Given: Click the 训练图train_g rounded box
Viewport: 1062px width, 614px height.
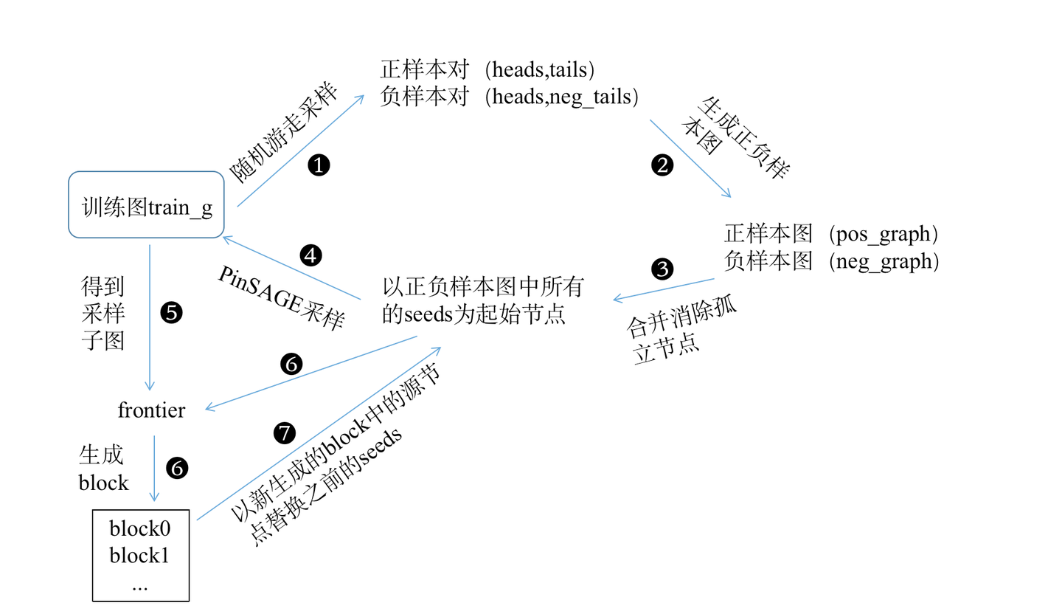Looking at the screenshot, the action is coord(146,205).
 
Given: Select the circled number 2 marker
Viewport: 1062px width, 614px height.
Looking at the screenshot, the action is coord(662,165).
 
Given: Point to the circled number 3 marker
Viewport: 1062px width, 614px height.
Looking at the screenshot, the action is coord(662,269).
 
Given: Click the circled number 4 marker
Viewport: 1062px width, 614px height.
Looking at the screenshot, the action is coord(311,255).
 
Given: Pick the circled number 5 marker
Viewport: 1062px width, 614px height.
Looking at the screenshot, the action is coord(171,312).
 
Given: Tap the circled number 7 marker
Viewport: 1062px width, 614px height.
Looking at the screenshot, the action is coord(284,433).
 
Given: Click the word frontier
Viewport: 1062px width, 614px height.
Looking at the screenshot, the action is coord(152,410).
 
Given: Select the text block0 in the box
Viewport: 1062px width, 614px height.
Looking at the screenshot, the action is coord(140,528).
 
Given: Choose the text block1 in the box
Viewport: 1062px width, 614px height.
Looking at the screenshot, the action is coord(140,555).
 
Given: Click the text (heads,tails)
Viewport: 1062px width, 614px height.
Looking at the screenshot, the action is coord(540,69).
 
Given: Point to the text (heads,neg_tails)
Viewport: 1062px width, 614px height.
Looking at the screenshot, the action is coord(560,97).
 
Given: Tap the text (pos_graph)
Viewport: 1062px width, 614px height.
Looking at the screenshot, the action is coord(883,234).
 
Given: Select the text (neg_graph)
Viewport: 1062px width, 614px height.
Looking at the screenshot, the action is coord(883,261).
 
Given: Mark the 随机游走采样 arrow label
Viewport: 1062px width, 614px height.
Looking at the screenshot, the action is coord(284,133).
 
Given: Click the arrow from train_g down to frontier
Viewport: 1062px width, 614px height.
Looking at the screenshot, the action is coord(150,317).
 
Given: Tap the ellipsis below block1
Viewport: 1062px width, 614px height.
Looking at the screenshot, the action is coord(140,584).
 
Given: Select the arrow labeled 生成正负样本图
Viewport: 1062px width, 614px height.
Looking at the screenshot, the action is coord(690,158).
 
